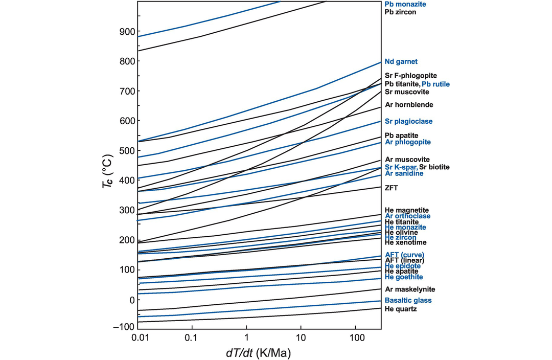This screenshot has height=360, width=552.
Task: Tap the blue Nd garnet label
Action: point(401,61)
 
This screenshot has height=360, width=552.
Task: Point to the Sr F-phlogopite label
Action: point(410,76)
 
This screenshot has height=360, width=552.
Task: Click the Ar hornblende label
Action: point(409,105)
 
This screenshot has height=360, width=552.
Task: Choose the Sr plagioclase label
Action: point(408,122)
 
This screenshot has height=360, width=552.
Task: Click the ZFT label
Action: point(392,188)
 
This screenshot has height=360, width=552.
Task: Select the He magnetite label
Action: point(407,210)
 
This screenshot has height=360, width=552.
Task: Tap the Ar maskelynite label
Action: point(410,289)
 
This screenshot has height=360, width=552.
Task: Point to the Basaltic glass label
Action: point(408,301)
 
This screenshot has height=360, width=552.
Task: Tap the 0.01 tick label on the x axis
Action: point(138,339)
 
